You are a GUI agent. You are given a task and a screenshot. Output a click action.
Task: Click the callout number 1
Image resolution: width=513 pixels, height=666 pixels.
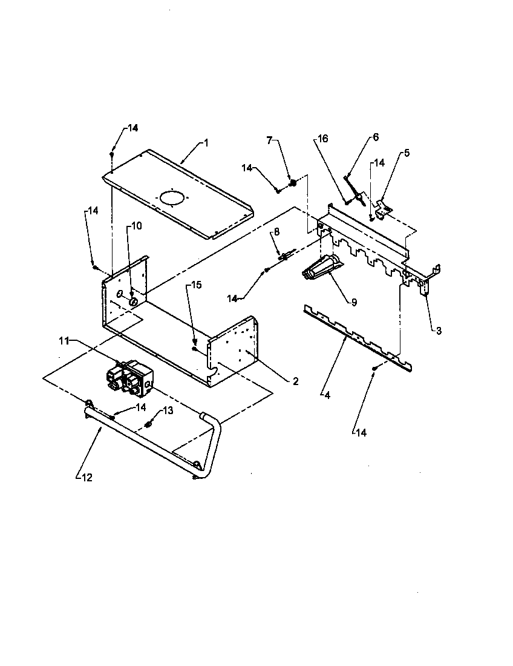click(206, 143)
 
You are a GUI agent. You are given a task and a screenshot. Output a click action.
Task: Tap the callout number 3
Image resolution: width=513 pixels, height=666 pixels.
click(439, 331)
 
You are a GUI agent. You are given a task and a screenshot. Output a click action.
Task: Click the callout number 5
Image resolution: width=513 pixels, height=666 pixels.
click(407, 153)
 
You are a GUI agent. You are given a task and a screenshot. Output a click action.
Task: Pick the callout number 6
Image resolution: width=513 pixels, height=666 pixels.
click(375, 137)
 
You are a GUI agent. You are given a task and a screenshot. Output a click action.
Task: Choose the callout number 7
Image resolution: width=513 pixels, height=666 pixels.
click(270, 140)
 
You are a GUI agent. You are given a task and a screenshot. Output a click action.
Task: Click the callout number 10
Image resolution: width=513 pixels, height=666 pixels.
click(136, 226)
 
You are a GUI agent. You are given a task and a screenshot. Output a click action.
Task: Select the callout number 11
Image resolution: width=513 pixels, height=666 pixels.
click(64, 341)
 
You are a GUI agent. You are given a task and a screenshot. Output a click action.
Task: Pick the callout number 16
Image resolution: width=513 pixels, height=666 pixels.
click(322, 139)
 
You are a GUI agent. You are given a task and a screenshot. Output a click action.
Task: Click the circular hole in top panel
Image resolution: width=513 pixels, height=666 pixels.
click(172, 198)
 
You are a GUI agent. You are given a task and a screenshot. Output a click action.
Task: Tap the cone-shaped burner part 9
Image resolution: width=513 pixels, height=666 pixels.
click(321, 267)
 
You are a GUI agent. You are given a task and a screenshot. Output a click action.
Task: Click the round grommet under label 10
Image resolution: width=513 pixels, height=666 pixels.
click(133, 300)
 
